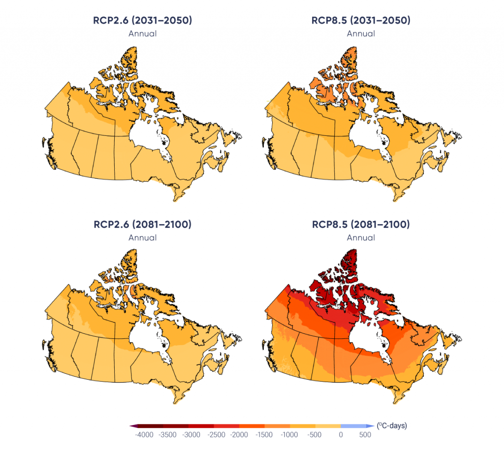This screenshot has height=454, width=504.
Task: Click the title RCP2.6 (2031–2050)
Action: (x=142, y=21)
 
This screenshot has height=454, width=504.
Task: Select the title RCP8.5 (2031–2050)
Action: (x=361, y=21)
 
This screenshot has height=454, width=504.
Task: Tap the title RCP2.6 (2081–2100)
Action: (x=142, y=225)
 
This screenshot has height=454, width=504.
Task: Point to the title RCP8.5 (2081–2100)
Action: (x=361, y=225)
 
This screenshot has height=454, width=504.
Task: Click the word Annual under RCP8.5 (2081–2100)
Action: (x=361, y=237)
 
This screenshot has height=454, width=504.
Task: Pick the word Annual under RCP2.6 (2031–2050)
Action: (x=142, y=33)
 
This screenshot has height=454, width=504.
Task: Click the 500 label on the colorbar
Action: (x=365, y=435)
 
